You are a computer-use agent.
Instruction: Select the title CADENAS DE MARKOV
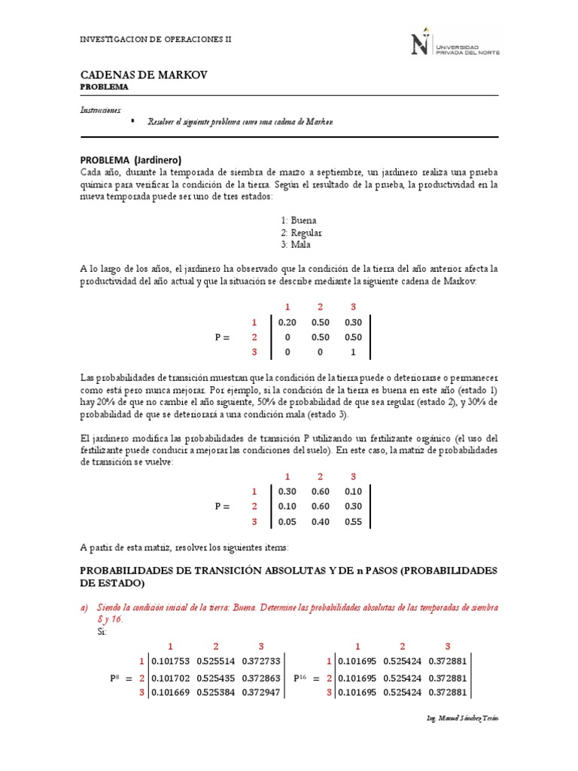[x=143, y=75]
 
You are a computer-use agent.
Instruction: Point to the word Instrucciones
[x=100, y=110]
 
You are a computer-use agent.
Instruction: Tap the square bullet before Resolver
[x=132, y=120]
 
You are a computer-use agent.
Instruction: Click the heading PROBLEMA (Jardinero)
[x=131, y=160]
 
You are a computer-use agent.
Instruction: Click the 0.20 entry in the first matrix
[x=287, y=322]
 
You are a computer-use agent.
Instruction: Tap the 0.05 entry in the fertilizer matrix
[x=287, y=521]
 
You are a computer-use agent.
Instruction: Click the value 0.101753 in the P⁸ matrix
[x=171, y=662]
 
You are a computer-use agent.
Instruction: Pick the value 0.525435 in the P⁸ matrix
[x=215, y=678]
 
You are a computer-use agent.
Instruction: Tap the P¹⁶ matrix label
[x=300, y=678]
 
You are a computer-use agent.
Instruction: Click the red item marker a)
[x=85, y=607]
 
